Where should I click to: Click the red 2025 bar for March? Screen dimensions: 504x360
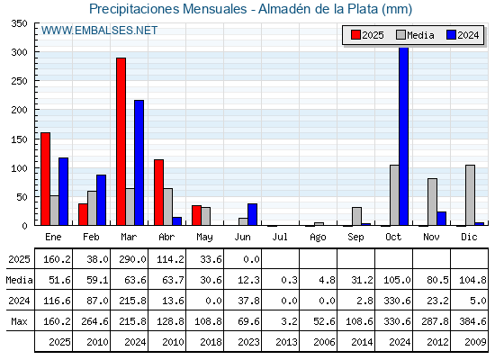pyautogui.click(x=121, y=141)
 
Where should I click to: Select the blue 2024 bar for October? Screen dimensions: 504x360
pyautogui.click(x=404, y=136)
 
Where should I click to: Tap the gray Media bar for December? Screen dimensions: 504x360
pyautogui.click(x=470, y=195)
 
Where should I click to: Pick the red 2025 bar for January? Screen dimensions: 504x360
pyautogui.click(x=46, y=179)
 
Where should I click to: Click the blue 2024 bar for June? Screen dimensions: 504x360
pyautogui.click(x=252, y=214)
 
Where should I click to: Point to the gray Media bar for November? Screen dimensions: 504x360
pyautogui.click(x=432, y=202)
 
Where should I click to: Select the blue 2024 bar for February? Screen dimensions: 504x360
pyautogui.click(x=101, y=200)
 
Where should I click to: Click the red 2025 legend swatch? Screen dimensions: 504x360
pyautogui.click(x=355, y=35)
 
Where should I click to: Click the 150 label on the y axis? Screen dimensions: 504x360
pyautogui.click(x=19, y=139)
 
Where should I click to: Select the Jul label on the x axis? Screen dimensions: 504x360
pyautogui.click(x=280, y=237)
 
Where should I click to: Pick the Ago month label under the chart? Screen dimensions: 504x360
pyautogui.click(x=318, y=238)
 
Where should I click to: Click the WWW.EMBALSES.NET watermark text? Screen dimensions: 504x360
pyautogui.click(x=99, y=31)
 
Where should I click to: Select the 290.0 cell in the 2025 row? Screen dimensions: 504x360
pyautogui.click(x=133, y=259)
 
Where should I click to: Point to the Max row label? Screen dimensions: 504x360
pyautogui.click(x=19, y=321)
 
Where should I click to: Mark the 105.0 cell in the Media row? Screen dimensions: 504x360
pyautogui.click(x=397, y=280)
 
